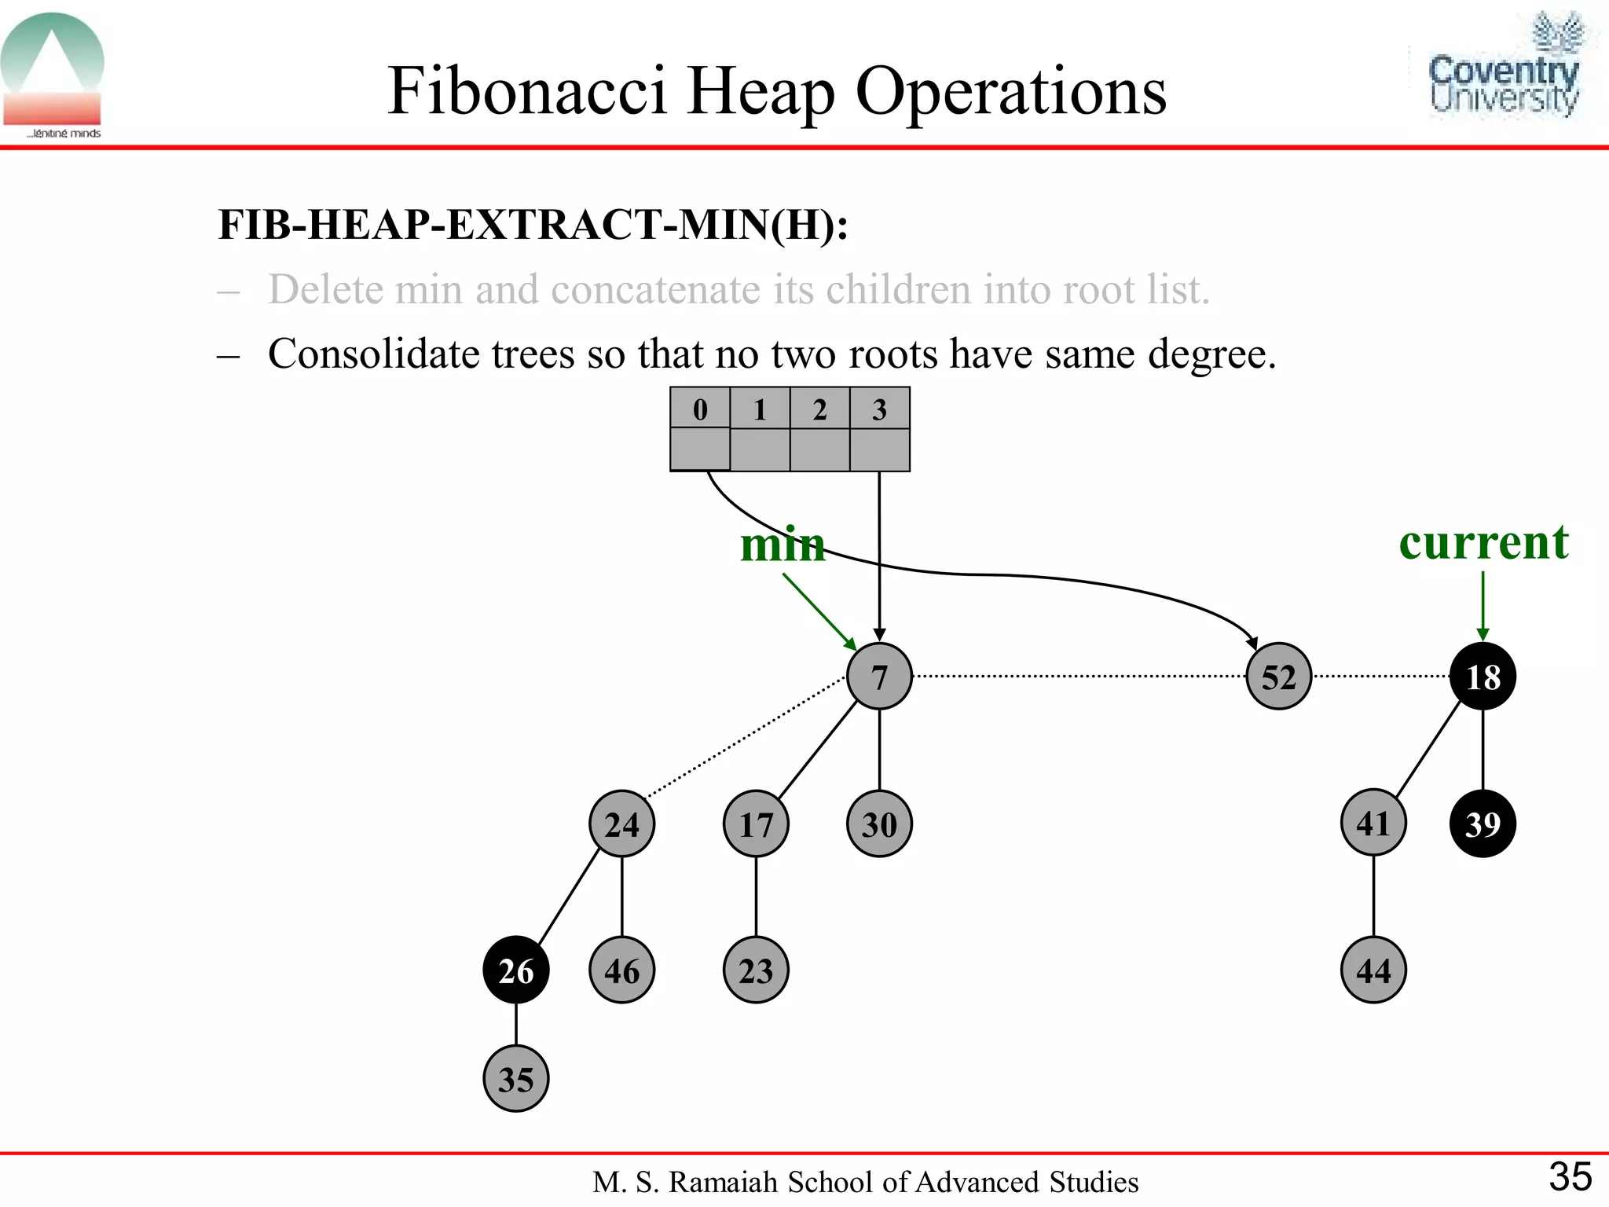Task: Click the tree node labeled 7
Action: click(879, 676)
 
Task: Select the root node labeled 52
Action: click(1278, 676)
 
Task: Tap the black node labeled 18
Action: click(1483, 676)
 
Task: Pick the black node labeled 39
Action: click(1483, 824)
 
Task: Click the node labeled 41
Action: click(1373, 824)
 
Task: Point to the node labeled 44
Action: click(1373, 970)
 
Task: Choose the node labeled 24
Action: click(621, 824)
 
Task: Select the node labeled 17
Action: click(756, 824)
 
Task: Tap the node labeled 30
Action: click(879, 824)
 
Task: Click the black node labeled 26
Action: click(515, 970)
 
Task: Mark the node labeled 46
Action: click(621, 970)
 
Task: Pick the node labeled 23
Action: click(756, 970)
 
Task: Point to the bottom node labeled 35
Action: click(515, 1079)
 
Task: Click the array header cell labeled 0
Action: click(700, 409)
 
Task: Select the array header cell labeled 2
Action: click(819, 409)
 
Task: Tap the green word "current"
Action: click(1483, 542)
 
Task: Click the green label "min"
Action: click(783, 545)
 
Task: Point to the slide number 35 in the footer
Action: click(1570, 1177)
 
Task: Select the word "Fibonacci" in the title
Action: click(526, 91)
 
